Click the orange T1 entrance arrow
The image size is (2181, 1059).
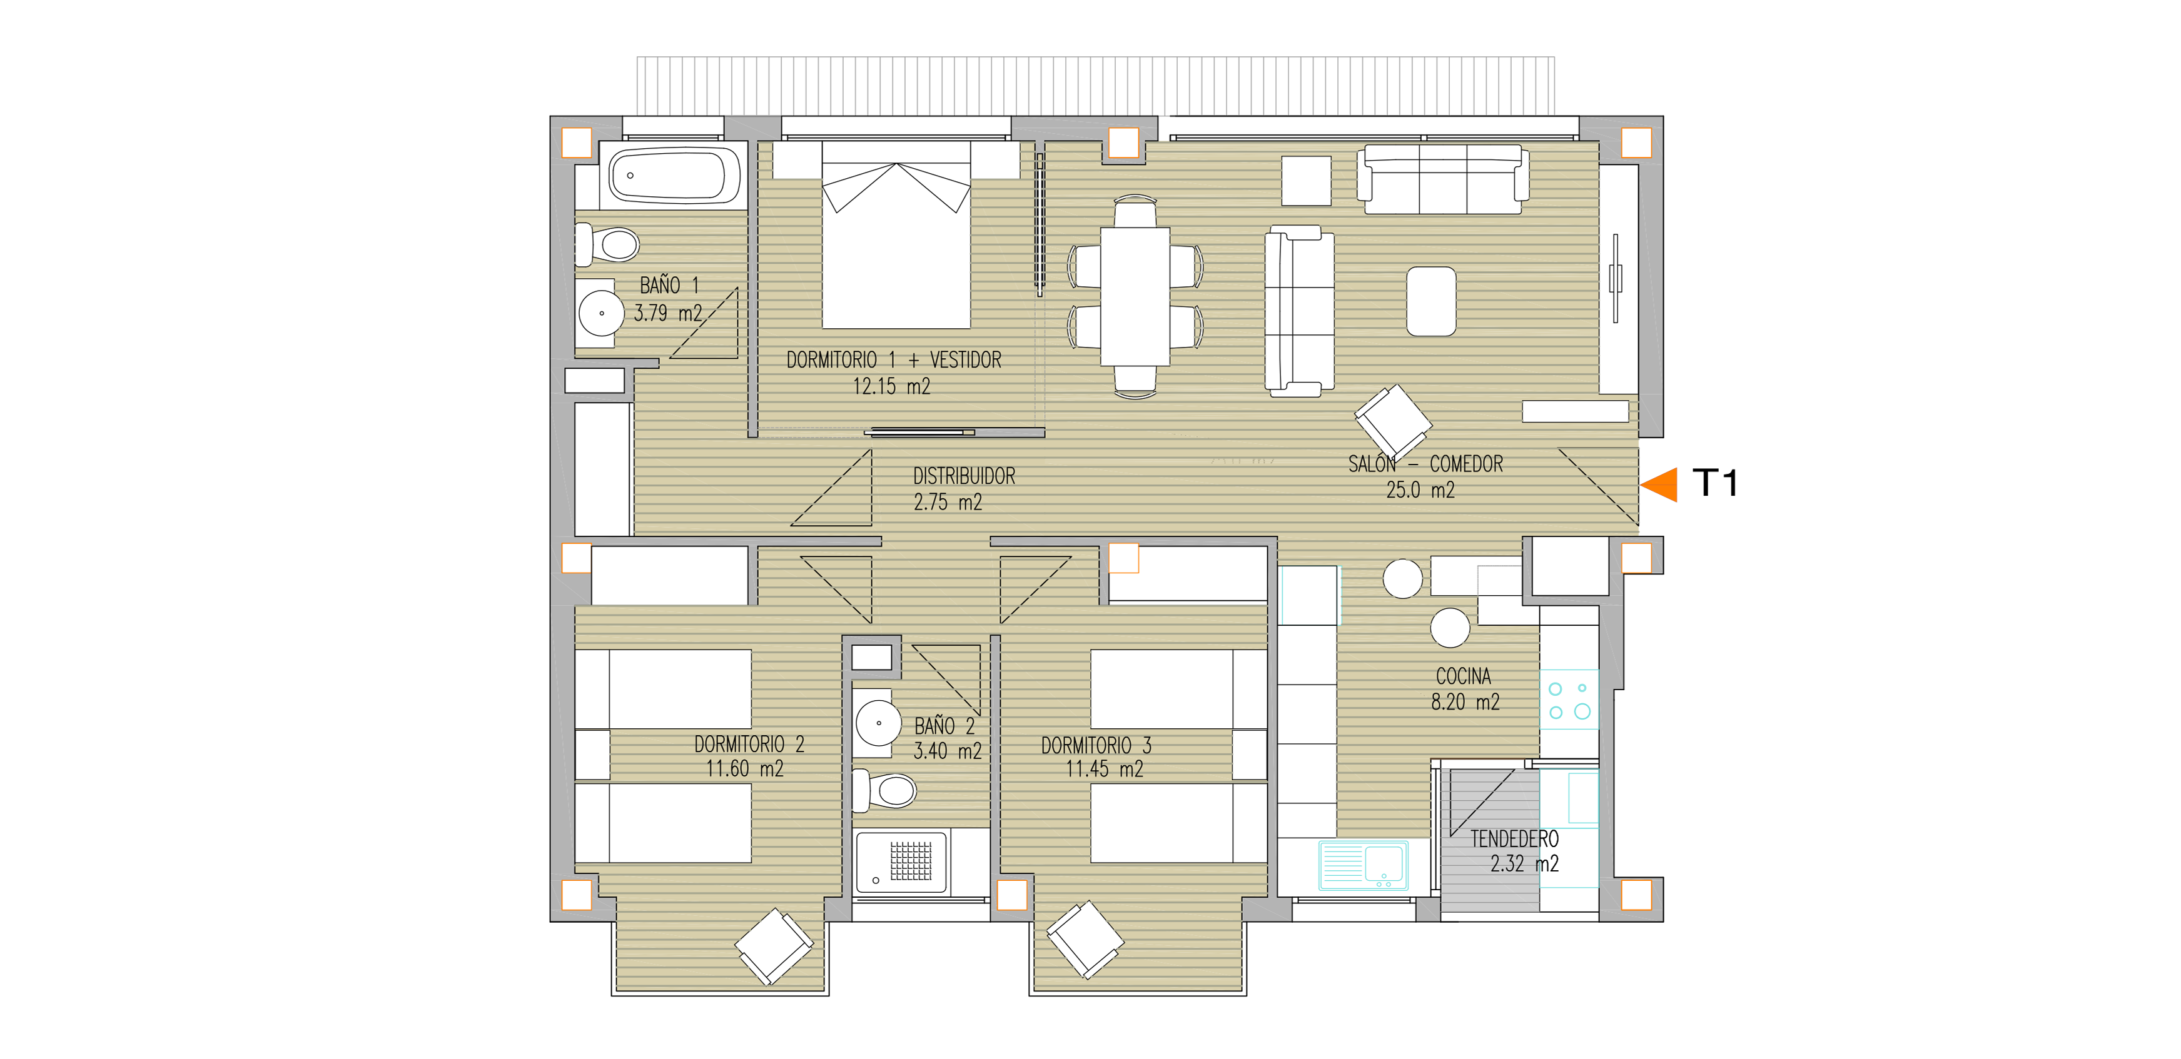(1659, 485)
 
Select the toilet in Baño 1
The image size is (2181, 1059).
(607, 244)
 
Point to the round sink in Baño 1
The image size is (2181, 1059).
(601, 313)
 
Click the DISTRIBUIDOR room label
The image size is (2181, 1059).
(964, 476)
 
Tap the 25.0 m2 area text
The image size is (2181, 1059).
(1420, 490)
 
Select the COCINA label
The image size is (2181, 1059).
(1464, 676)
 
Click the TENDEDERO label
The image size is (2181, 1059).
(1515, 839)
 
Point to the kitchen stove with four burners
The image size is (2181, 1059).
(1569, 700)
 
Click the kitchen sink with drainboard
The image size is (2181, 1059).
(1363, 865)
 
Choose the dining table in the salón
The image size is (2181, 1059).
(1135, 296)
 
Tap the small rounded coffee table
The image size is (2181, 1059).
(1431, 301)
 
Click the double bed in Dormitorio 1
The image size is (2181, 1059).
(896, 234)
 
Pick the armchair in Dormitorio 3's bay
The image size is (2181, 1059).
(1085, 939)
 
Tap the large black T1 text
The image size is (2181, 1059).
(1715, 483)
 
